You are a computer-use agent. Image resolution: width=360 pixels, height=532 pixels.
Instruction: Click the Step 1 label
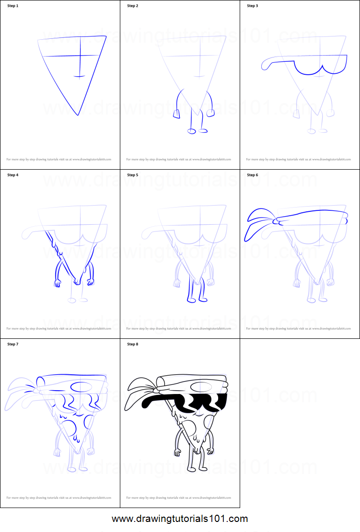13,6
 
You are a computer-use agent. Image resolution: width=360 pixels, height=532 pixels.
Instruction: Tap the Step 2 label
133,6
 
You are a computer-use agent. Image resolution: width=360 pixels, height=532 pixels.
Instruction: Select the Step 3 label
253,6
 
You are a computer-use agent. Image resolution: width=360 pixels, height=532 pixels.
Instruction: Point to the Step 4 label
13,175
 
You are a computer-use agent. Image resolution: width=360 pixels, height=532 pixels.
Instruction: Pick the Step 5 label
133,175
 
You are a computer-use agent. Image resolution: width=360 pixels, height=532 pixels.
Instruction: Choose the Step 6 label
253,175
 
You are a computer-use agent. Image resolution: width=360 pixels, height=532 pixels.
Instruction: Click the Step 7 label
13,345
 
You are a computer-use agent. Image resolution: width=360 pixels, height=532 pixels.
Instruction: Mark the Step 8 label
133,345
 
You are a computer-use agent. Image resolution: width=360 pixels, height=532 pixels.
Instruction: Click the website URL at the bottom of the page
180,519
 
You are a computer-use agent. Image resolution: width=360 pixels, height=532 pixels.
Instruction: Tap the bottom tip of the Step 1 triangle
78,115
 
